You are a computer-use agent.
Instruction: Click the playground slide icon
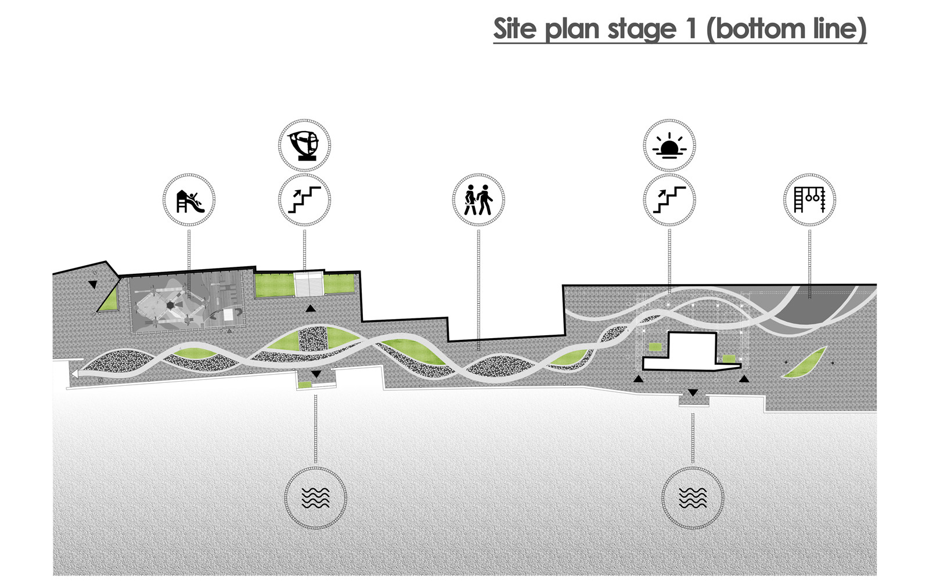tap(189, 201)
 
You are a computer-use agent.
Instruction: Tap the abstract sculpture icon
tap(305, 145)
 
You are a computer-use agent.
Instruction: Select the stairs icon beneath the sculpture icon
tap(305, 201)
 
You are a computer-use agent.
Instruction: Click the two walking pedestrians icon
tap(478, 201)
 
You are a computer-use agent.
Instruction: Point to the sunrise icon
tap(669, 146)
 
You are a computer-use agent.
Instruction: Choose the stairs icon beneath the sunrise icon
tap(669, 201)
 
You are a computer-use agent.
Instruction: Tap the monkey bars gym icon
tap(810, 201)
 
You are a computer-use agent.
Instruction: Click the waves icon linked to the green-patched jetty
tap(316, 498)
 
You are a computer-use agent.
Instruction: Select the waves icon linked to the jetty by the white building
tap(693, 498)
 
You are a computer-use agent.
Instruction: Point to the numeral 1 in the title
tap(690, 29)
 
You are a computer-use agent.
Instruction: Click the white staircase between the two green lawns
tap(309, 284)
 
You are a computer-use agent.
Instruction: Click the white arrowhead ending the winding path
tap(74, 375)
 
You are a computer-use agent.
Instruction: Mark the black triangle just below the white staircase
tap(311, 309)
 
